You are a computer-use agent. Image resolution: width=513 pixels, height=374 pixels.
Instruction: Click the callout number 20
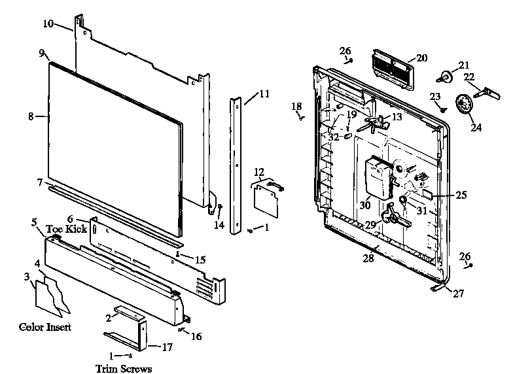[x=421, y=58]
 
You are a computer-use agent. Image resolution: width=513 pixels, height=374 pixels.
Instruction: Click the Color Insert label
[x=45, y=326]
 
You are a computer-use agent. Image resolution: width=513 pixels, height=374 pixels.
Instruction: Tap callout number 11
[x=263, y=93]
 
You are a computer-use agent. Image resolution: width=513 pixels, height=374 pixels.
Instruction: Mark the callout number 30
[x=364, y=205]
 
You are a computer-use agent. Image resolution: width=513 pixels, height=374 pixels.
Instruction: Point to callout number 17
[x=167, y=347]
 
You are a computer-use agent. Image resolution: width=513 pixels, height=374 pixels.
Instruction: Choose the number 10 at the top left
[x=48, y=24]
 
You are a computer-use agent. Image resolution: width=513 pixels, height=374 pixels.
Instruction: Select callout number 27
[x=458, y=294]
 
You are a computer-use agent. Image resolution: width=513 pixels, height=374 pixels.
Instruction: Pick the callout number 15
[x=200, y=260]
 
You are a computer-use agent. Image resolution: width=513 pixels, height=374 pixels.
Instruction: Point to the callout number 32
[x=334, y=137]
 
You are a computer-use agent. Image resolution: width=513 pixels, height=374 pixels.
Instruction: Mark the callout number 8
[x=31, y=116]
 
